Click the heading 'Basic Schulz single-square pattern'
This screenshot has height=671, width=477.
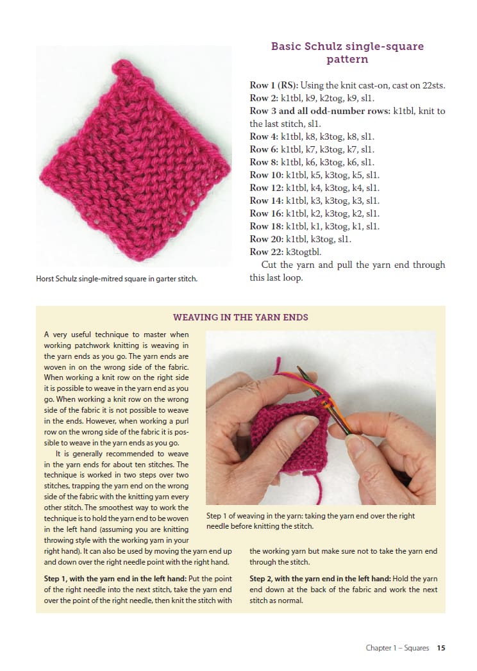pos(347,53)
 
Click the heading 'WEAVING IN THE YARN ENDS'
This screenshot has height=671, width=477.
pos(240,317)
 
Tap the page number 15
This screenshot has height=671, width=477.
pos(441,648)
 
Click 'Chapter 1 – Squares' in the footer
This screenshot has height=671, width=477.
pos(397,648)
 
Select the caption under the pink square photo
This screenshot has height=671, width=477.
pos(116,278)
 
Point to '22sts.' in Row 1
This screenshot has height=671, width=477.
pos(433,85)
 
